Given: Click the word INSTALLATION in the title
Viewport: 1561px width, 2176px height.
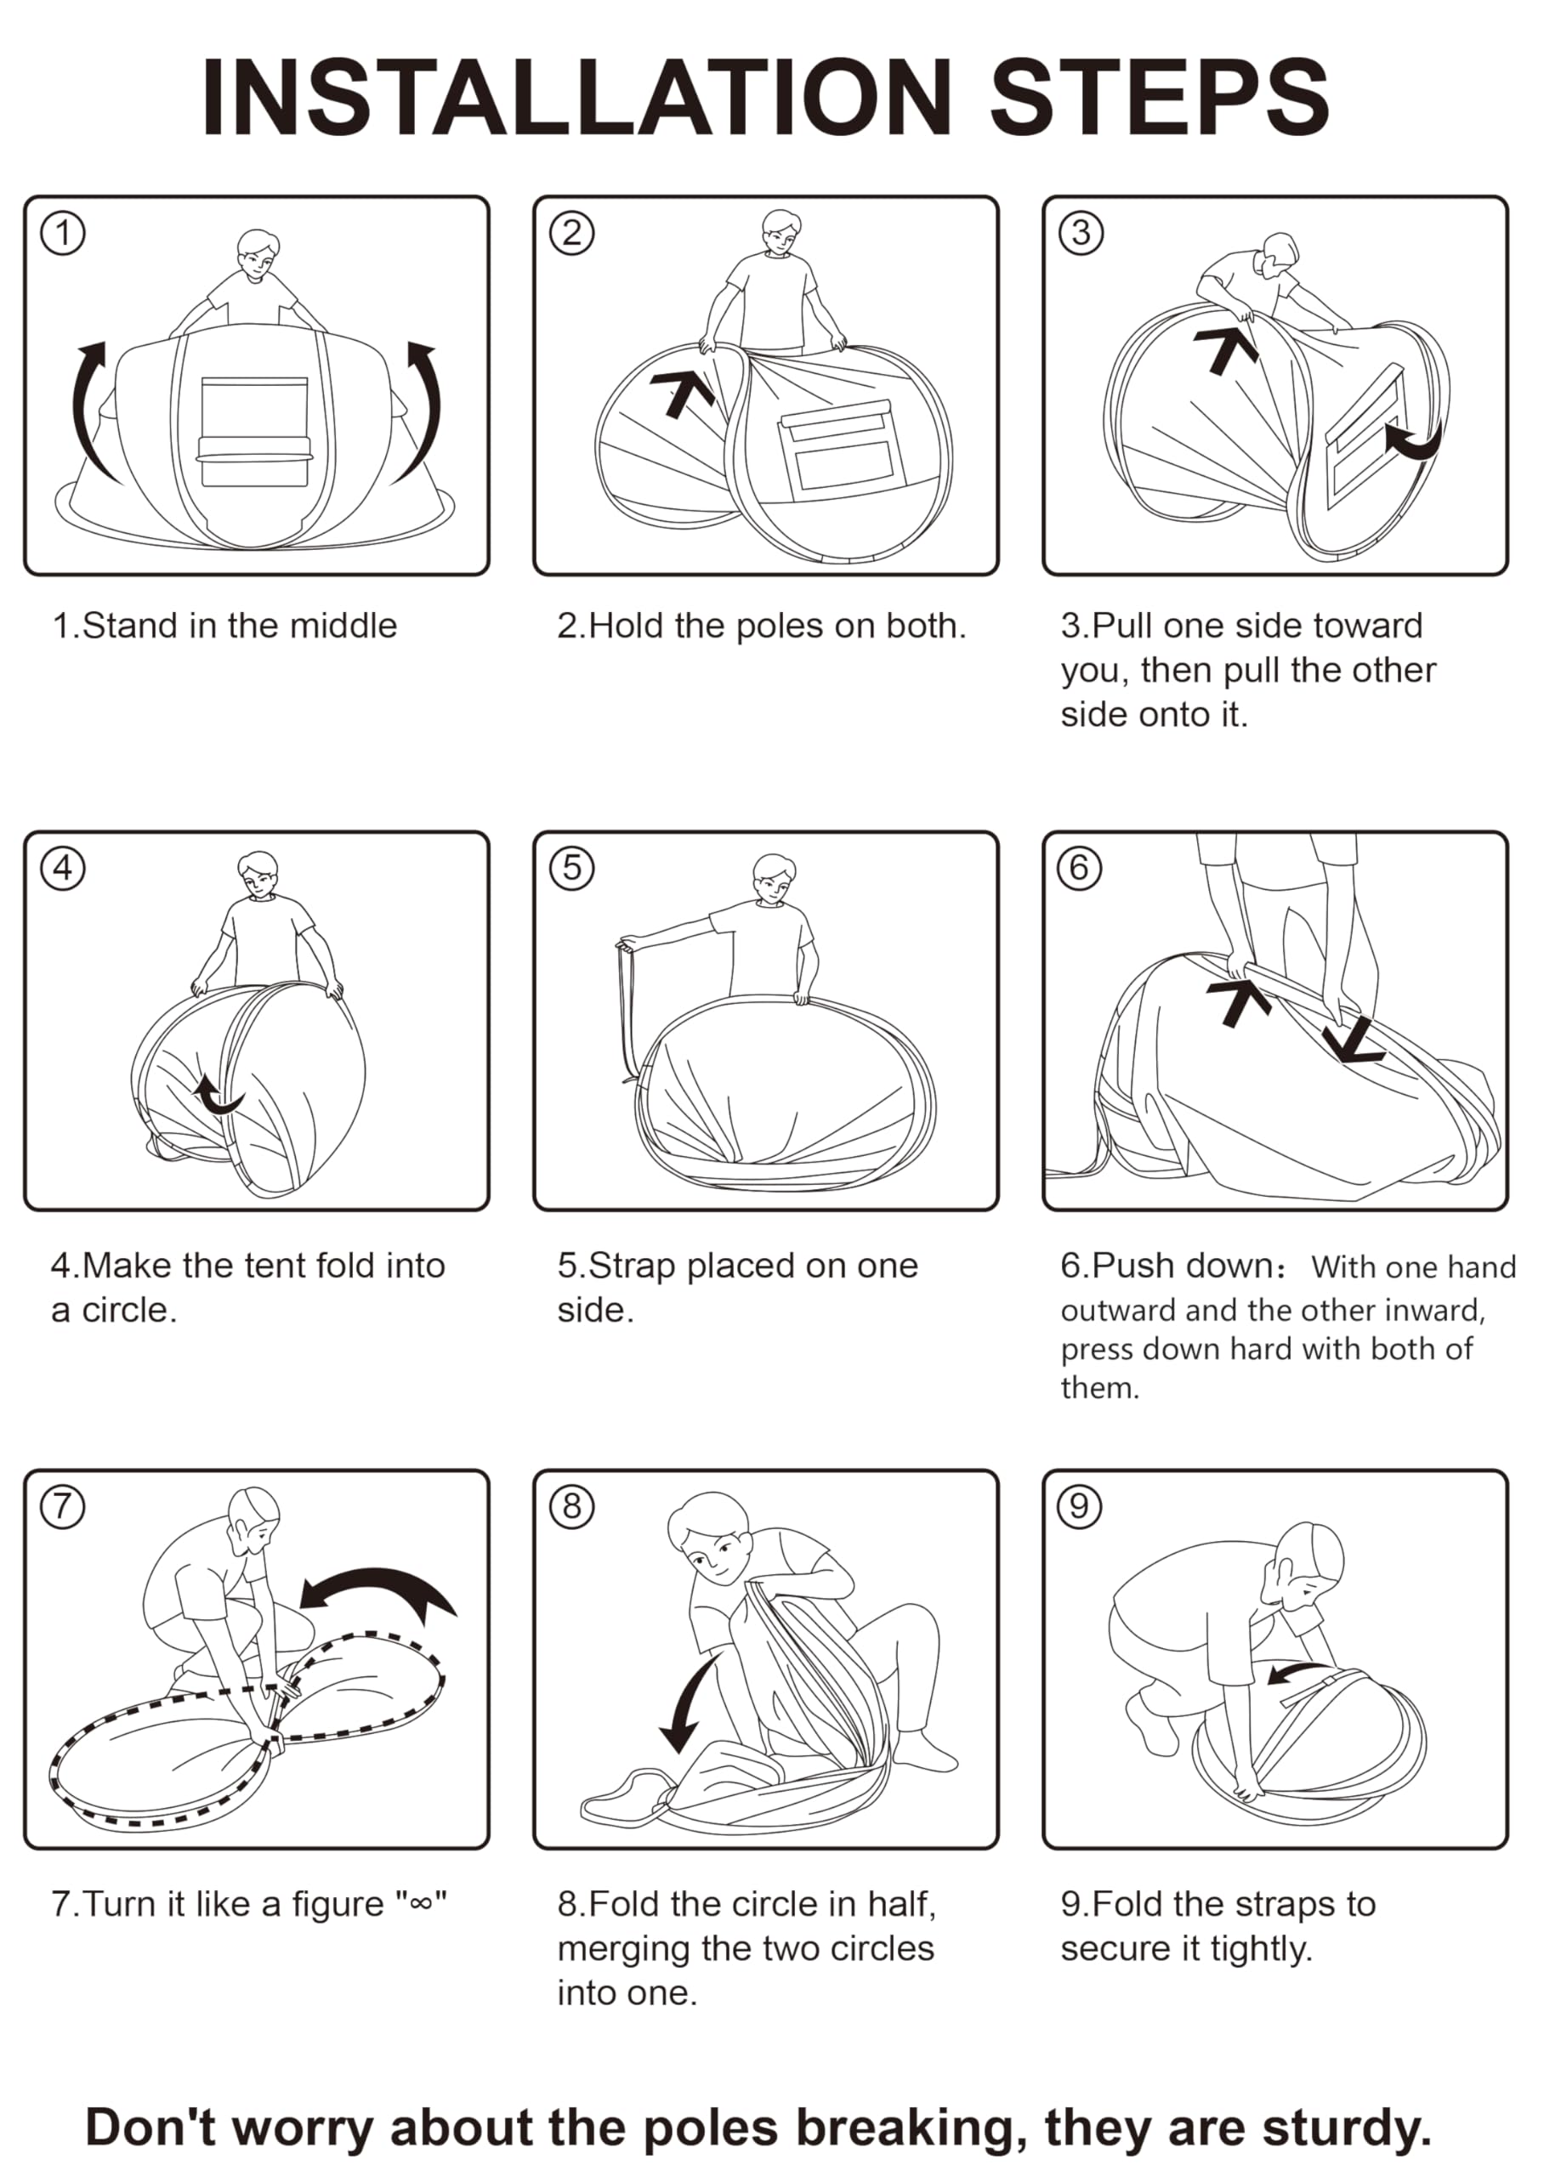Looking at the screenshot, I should pyautogui.click(x=576, y=98).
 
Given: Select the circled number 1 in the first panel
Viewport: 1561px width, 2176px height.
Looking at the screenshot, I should pyautogui.click(x=63, y=233).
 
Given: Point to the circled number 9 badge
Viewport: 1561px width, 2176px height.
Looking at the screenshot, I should pyautogui.click(x=1080, y=1505).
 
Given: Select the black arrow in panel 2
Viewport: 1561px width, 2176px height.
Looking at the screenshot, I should pyautogui.click(x=682, y=394).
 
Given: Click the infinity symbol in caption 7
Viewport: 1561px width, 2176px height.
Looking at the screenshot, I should pyautogui.click(x=420, y=1905).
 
